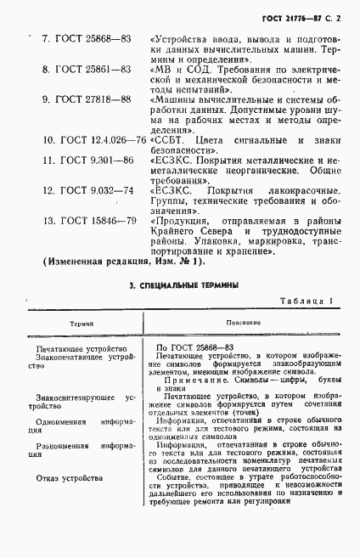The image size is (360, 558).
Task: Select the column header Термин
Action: pyautogui.click(x=81, y=324)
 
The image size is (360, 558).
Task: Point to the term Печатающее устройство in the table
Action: pyautogui.click(x=82, y=349)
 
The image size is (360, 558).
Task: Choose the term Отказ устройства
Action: pyautogui.click(x=76, y=478)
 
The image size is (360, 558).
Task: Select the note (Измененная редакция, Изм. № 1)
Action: pyautogui.click(x=124, y=262)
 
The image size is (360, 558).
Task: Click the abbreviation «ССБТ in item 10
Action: pyautogui.click(x=166, y=139)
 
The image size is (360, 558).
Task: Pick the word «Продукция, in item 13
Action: pyautogui.click(x=181, y=221)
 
